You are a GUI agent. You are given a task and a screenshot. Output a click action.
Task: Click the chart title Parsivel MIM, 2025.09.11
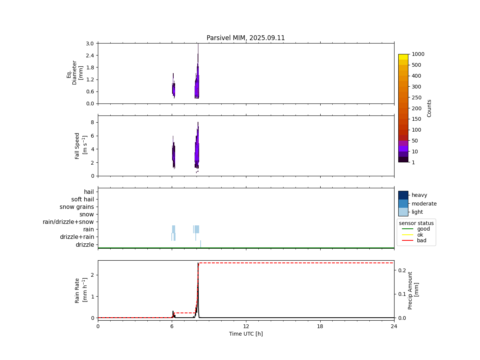click(246, 38)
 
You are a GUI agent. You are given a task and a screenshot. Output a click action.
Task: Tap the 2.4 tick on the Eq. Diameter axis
click(90, 55)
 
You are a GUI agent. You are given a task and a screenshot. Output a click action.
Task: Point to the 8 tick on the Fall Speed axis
click(92, 122)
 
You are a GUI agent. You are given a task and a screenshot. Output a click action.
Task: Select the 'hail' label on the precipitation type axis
click(89, 192)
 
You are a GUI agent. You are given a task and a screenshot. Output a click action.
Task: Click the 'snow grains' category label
click(77, 207)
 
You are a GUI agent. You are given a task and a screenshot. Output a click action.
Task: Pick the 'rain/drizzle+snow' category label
click(68, 222)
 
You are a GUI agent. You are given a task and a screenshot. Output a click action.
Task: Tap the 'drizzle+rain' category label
click(77, 237)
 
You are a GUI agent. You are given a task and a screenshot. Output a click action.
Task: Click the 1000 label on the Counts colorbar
click(418, 54)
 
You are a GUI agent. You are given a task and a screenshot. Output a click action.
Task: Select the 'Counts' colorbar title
click(429, 108)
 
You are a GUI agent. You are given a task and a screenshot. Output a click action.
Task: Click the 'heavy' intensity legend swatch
click(403, 195)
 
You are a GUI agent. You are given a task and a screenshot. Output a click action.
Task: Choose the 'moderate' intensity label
click(424, 204)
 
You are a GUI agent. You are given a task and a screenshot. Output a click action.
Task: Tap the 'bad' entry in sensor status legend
click(421, 241)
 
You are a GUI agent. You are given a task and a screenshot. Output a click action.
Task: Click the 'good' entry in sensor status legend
click(423, 229)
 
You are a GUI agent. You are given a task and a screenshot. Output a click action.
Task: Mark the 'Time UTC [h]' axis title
click(246, 334)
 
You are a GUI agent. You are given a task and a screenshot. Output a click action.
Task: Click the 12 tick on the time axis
click(246, 326)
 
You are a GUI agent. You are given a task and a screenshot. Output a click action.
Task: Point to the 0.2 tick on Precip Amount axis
click(402, 270)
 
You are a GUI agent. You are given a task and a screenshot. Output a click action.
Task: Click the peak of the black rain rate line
click(198, 263)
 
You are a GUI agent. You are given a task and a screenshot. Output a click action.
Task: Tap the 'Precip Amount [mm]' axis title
click(413, 290)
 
